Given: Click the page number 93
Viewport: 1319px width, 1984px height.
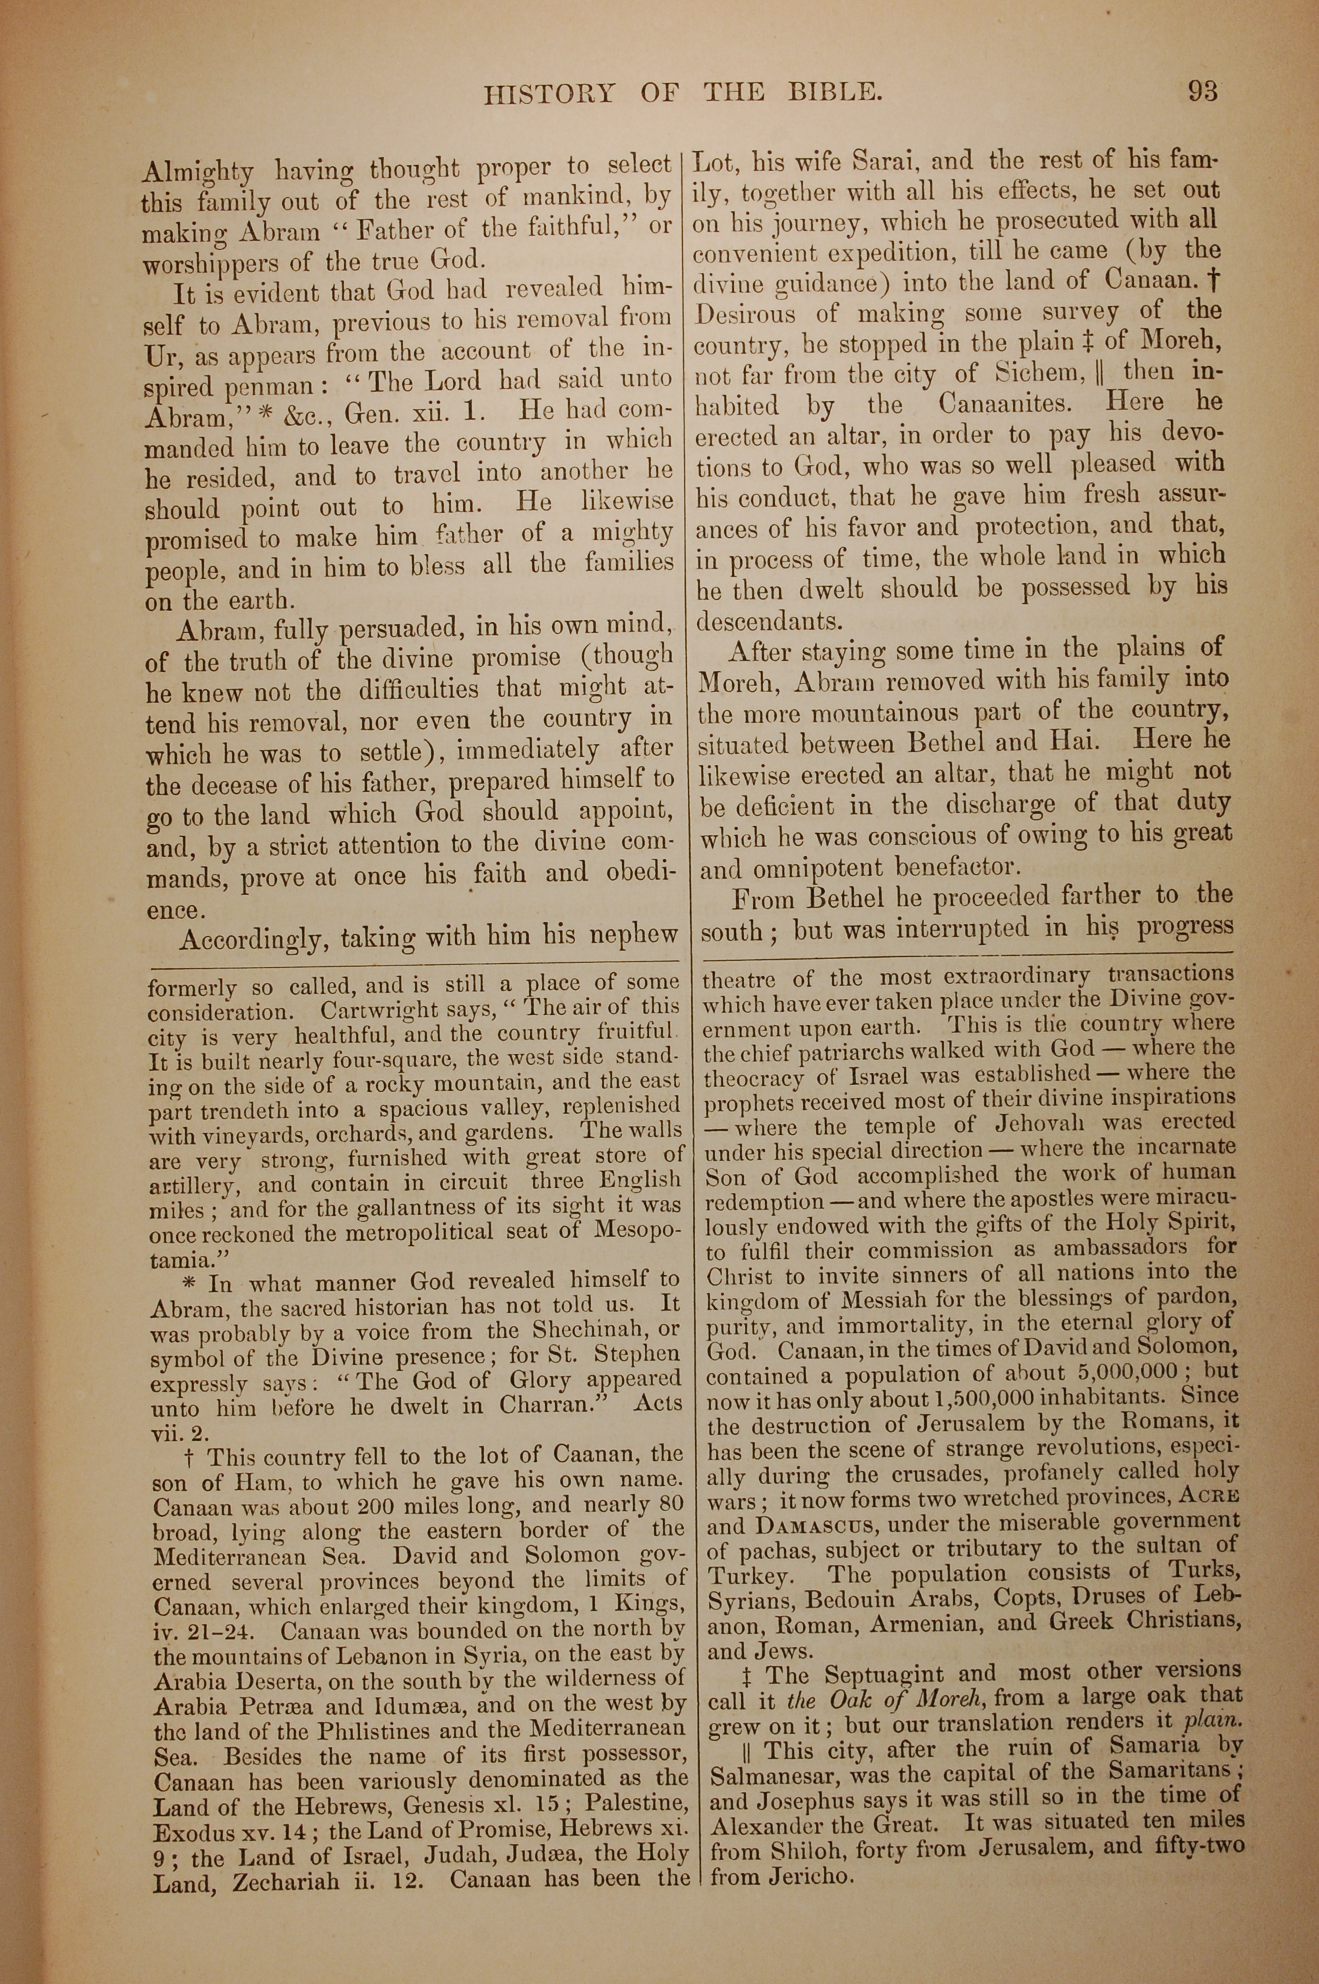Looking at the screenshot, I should tap(1203, 90).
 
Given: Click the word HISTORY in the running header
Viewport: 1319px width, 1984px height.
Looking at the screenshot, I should tap(549, 92).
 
